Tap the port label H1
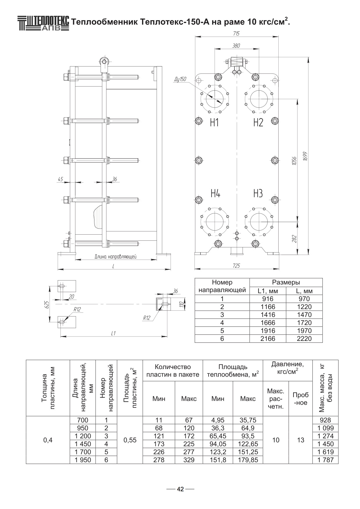[x=214, y=123]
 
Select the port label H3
[x=258, y=193]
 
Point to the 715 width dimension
[x=236, y=34]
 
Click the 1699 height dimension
[x=305, y=157]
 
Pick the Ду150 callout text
[x=180, y=79]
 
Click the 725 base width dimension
[x=237, y=266]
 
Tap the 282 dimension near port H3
[x=294, y=239]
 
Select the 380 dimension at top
[x=236, y=46]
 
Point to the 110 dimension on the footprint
[x=181, y=304]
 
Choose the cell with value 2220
[x=304, y=339]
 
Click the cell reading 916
[x=268, y=299]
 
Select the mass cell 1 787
[x=325, y=460]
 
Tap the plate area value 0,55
[x=130, y=440]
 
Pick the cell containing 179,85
[x=248, y=460]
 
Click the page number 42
[x=180, y=489]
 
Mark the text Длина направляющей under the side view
[x=115, y=257]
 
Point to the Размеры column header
[x=286, y=282]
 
